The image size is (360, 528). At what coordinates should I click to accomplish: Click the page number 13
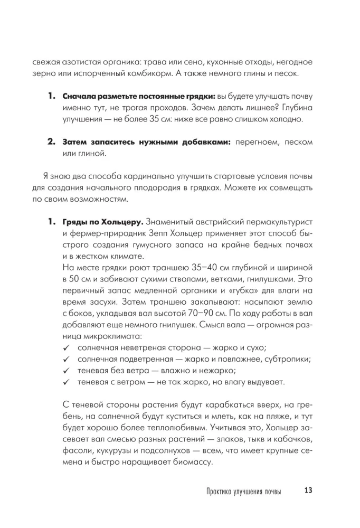click(x=309, y=491)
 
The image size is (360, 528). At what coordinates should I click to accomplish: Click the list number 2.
click(x=52, y=142)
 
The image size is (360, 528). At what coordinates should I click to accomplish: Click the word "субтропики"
click(x=288, y=359)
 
